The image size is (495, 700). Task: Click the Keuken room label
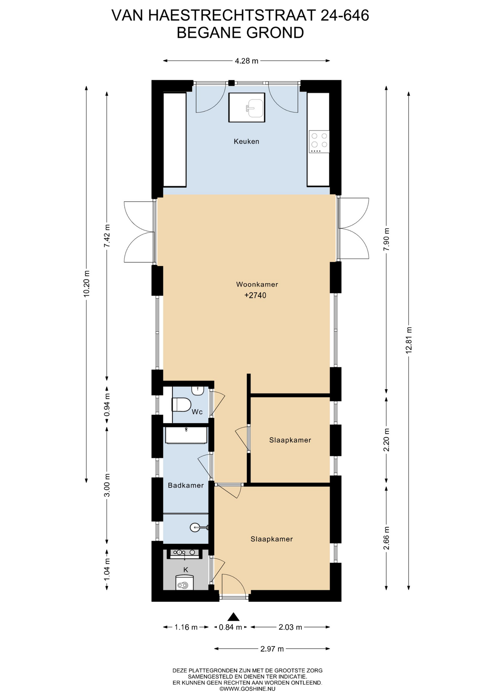coord(246,141)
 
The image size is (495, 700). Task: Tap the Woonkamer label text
coord(257,284)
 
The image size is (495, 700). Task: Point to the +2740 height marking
coord(255,295)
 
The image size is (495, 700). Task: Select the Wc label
coord(197,412)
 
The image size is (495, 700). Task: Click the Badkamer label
coord(186,485)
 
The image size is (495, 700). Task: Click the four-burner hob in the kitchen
coord(319,141)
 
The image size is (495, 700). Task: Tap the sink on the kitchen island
coord(255,108)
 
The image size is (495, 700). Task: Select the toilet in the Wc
coord(181,405)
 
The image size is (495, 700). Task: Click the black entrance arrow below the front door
coord(233,617)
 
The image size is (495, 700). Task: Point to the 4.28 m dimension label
coord(246,61)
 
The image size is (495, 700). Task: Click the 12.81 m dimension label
coord(409,340)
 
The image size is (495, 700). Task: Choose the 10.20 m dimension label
coord(86,284)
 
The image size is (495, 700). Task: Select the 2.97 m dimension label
coord(272,649)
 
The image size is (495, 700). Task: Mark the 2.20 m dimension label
coord(386,440)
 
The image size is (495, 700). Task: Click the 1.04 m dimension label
coord(107,570)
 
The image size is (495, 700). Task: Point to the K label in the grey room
coord(186,570)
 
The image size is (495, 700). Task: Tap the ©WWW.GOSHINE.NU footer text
coord(247,689)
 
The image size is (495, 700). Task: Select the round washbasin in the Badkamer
coord(195,527)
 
